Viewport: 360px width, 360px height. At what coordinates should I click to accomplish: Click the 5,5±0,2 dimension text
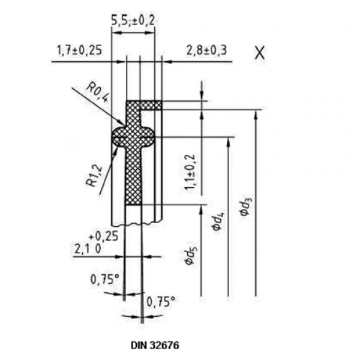[x=133, y=19]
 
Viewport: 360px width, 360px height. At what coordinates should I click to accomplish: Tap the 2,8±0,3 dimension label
[x=206, y=50]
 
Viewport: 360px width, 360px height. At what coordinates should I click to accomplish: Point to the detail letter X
[x=259, y=53]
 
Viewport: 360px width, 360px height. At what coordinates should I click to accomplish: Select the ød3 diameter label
[x=245, y=204]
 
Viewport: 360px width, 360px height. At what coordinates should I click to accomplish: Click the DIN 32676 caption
[x=154, y=346]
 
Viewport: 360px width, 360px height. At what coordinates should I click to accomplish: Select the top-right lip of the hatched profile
[x=153, y=105]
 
